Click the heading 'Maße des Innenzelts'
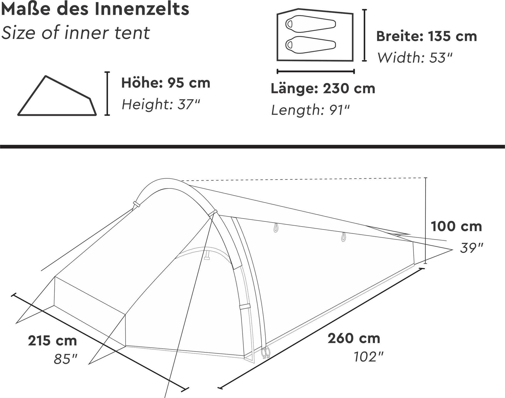[95, 9]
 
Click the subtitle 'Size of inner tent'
[75, 33]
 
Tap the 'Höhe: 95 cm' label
[166, 83]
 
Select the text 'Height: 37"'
[161, 104]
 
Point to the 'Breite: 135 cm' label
[427, 36]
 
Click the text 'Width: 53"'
[415, 57]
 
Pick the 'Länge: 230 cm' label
[323, 88]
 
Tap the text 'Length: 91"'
[310, 110]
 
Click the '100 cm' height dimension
[456, 226]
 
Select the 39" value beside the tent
[471, 248]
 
